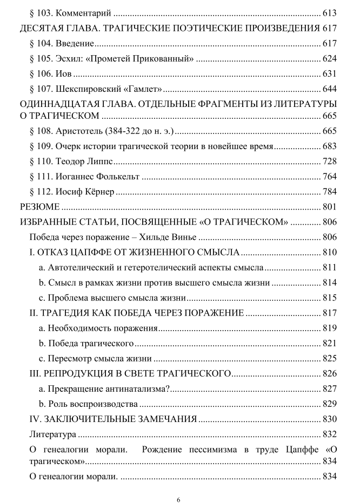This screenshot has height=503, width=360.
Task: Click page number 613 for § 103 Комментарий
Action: [x=330, y=13]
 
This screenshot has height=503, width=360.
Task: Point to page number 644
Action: [x=330, y=89]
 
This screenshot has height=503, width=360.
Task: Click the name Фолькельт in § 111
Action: [x=116, y=177]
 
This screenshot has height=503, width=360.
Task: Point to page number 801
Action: [x=330, y=207]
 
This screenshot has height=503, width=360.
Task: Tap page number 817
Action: [x=330, y=312]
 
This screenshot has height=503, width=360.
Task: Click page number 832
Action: [x=330, y=434]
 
